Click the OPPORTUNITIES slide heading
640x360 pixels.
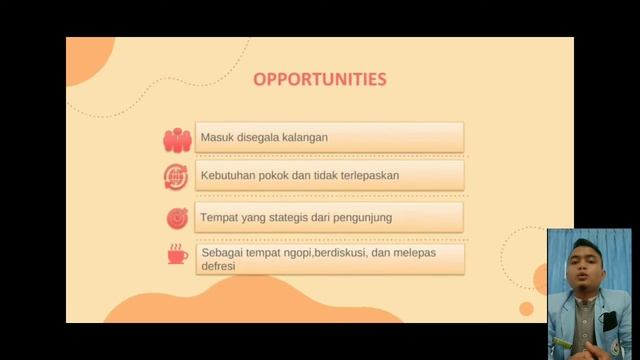pos(319,79)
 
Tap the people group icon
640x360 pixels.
pos(177,138)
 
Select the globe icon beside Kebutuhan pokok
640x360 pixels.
pos(177,177)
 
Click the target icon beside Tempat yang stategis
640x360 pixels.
pos(177,216)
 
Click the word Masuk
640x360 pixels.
pos(217,137)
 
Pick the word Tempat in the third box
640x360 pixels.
pos(219,215)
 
